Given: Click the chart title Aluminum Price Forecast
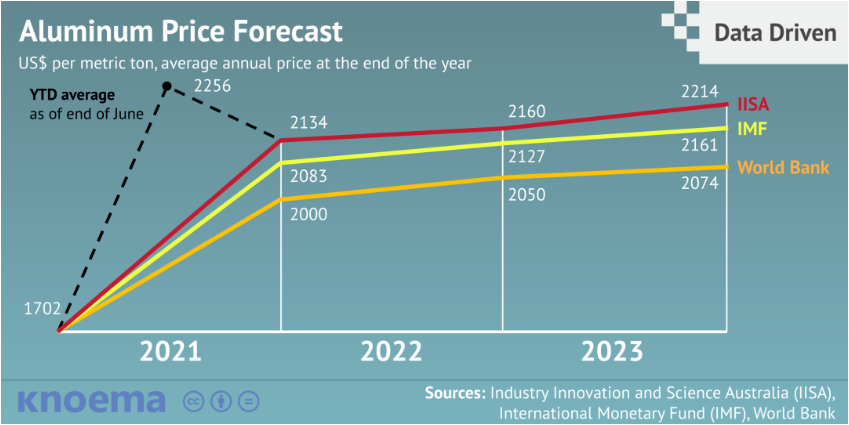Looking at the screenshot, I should (x=181, y=31).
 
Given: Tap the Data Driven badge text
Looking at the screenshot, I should (x=775, y=33).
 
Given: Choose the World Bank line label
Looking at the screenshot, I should (x=783, y=167).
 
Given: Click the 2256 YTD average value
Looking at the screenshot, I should (x=213, y=86).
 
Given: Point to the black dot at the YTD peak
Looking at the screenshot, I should (x=167, y=85).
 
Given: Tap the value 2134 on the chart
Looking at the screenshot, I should (x=308, y=124).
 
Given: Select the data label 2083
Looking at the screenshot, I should (x=308, y=176).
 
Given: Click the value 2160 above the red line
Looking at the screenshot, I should (x=527, y=111).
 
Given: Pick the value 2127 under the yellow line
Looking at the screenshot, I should (x=527, y=157).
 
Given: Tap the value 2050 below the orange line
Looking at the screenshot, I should (x=527, y=195).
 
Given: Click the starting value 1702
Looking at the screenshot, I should (x=42, y=309).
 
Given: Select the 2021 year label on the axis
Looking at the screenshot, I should (x=170, y=352).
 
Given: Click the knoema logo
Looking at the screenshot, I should (x=91, y=401).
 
